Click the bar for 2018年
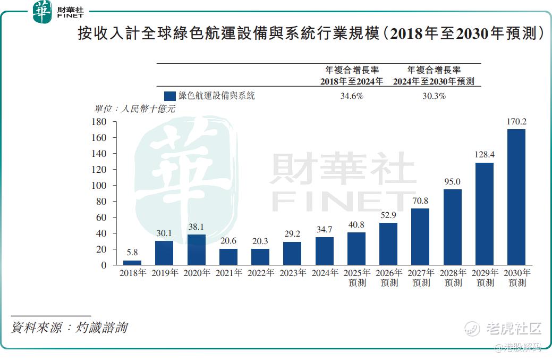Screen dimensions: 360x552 coord(132,262)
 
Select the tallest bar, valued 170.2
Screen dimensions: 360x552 coord(516,197)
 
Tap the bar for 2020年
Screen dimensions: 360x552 coord(196,249)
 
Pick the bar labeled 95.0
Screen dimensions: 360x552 coord(452,227)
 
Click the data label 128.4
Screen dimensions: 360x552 coord(484,154)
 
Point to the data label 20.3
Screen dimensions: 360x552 coord(260,241)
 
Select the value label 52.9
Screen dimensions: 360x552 coord(388,215)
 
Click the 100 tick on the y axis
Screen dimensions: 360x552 coord(100,186)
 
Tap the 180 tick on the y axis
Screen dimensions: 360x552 coord(100,122)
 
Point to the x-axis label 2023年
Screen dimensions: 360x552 coord(292,273)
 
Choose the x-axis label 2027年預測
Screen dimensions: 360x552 coord(420,278)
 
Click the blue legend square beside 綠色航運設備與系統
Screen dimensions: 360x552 coord(170,96)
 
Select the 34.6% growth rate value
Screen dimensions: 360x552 coord(351,96)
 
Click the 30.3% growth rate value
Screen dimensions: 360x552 coord(434,96)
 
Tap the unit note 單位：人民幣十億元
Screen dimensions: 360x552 coord(134,109)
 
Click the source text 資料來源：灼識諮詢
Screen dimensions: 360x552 coord(69,327)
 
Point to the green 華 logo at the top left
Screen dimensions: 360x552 coord(42,12)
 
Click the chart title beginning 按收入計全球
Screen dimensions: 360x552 coord(311,34)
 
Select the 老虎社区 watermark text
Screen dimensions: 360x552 coord(513,329)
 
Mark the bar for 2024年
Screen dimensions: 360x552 coord(324,251)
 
